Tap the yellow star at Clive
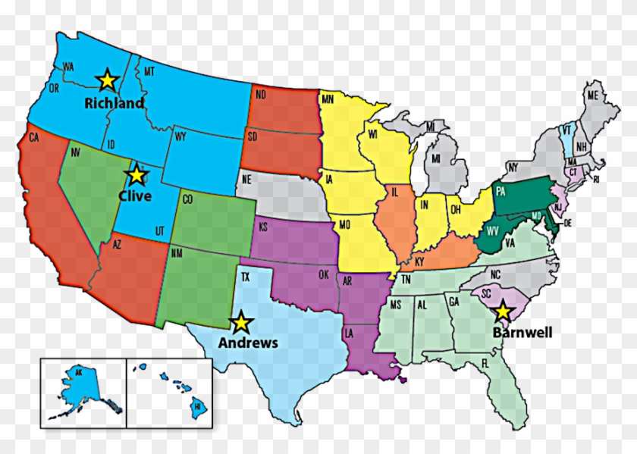click(x=136, y=175)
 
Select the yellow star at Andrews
click(x=241, y=323)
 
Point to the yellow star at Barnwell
click(x=502, y=312)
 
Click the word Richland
click(x=114, y=103)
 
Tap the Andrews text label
click(x=248, y=343)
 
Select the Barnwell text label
click(x=522, y=332)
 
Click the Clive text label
click(x=135, y=196)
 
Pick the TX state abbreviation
click(x=245, y=277)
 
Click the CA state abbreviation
click(x=33, y=138)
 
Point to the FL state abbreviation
click(x=505, y=362)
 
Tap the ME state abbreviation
click(x=592, y=95)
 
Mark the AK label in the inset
click(x=77, y=372)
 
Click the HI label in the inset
click(x=196, y=406)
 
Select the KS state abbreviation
click(x=263, y=227)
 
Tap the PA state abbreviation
click(x=500, y=192)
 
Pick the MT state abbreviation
click(x=149, y=71)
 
